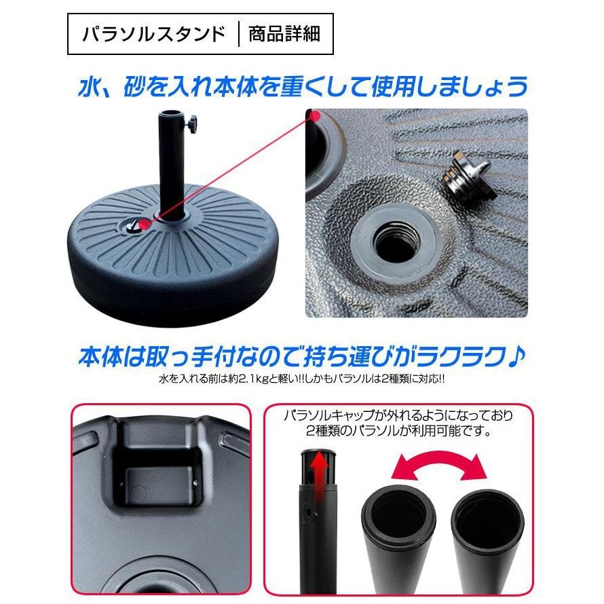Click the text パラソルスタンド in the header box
(x=153, y=34)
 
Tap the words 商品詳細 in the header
(x=284, y=34)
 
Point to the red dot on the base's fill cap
(x=145, y=224)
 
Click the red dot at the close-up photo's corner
(x=315, y=116)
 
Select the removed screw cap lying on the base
(x=467, y=174)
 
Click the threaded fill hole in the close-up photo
(x=396, y=242)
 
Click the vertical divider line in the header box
(x=239, y=35)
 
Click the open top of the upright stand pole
(x=172, y=115)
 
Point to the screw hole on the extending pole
(x=308, y=512)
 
